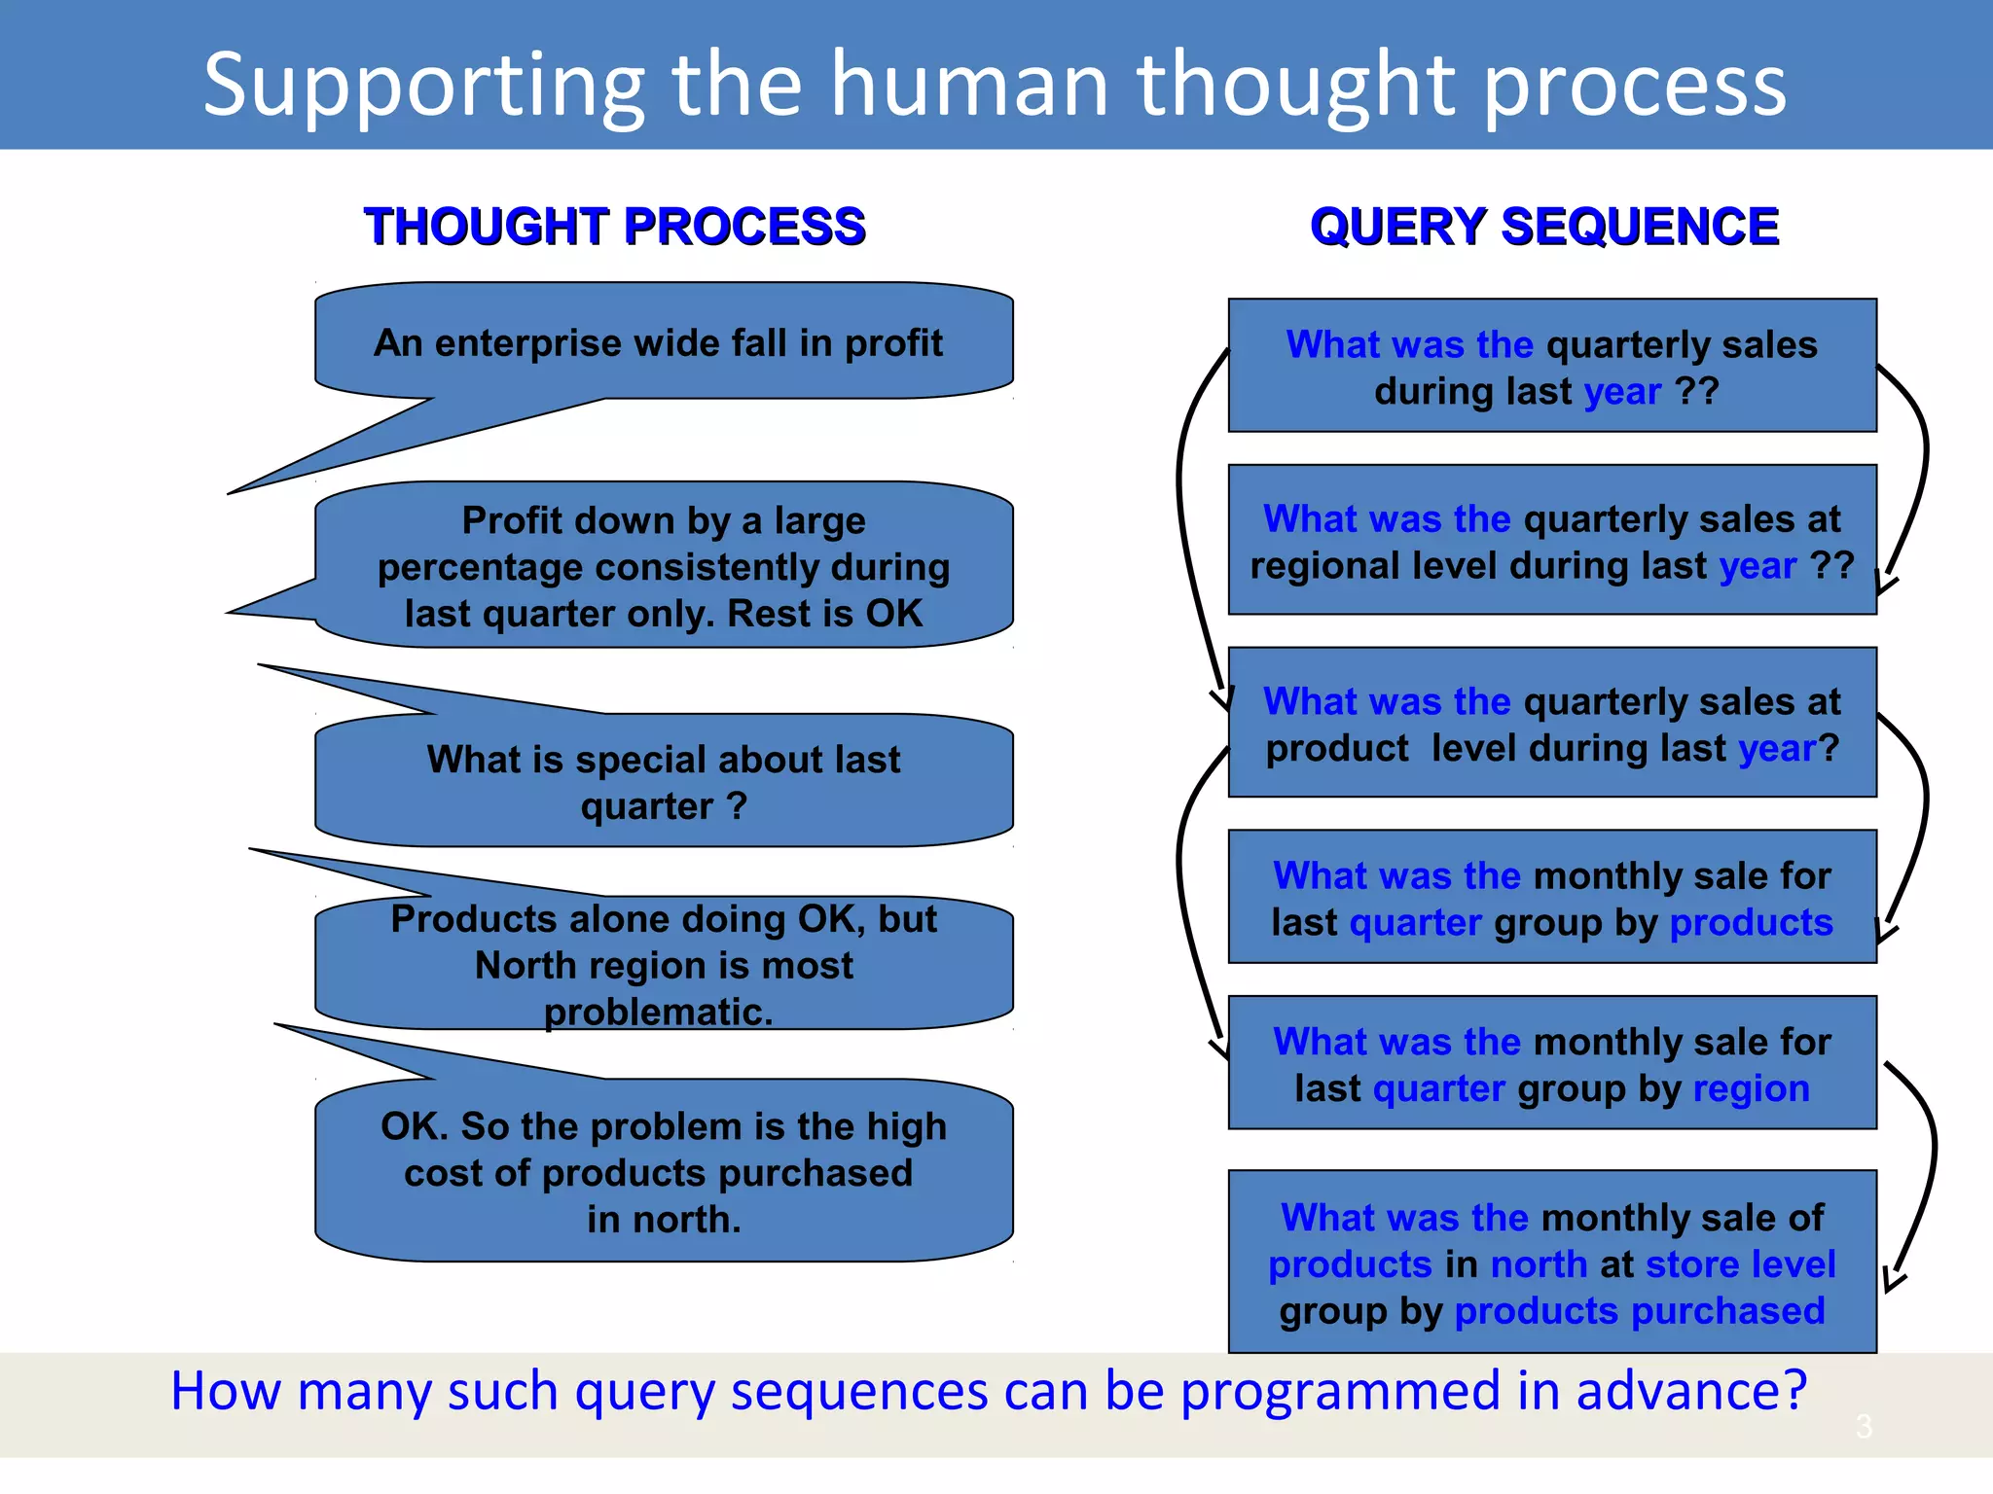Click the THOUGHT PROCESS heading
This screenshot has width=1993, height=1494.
[x=614, y=227]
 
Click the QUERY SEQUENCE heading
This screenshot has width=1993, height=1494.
[x=1544, y=227]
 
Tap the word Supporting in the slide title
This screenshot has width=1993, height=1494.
[x=423, y=86]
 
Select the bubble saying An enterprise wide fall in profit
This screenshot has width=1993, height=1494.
[x=659, y=342]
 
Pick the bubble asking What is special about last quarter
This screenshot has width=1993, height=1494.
[x=664, y=782]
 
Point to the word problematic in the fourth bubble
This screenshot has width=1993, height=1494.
[x=659, y=1012]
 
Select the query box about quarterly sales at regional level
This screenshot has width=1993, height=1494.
[x=1551, y=541]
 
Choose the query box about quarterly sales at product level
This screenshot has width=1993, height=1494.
[x=1551, y=724]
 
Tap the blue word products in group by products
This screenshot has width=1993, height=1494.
[x=1751, y=922]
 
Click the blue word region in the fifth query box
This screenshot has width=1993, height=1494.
[x=1751, y=1088]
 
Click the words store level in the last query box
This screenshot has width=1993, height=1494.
[x=1740, y=1264]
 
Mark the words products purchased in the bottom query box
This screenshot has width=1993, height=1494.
[x=1639, y=1311]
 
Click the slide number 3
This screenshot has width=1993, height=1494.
[x=1863, y=1427]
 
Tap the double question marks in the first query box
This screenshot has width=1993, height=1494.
[x=1697, y=391]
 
